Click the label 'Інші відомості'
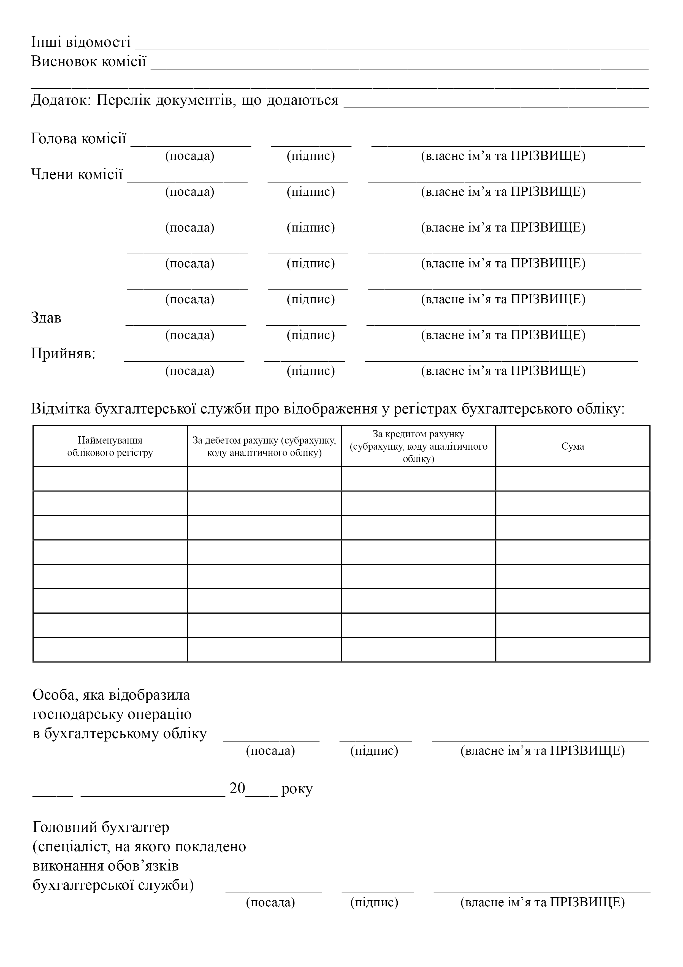point(81,42)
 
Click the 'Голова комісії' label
point(79,139)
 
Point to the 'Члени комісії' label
point(77,174)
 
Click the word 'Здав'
point(46,318)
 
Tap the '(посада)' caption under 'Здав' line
point(189,335)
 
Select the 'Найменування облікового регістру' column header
point(110,447)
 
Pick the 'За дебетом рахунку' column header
point(264,447)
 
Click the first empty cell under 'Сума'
point(572,479)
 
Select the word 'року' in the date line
point(297,789)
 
